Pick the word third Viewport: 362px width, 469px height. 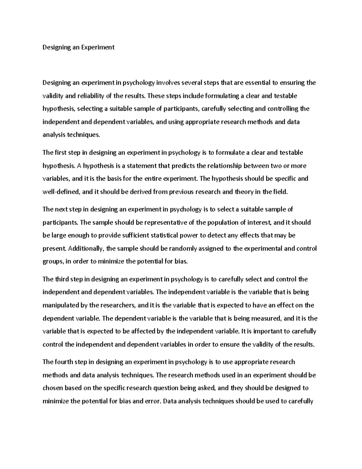62,279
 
